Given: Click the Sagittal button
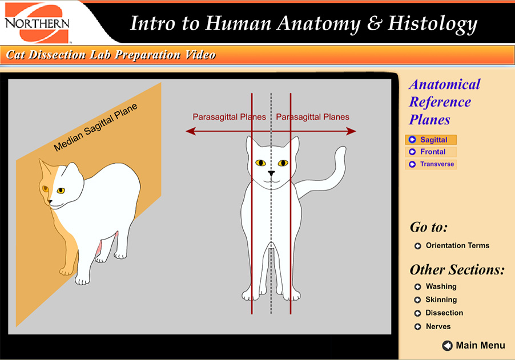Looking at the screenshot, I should pyautogui.click(x=430, y=140).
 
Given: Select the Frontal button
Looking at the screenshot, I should pyautogui.click(x=430, y=152).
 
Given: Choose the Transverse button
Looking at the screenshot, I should pyautogui.click(x=432, y=164).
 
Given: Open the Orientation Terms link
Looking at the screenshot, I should pyautogui.click(x=457, y=246).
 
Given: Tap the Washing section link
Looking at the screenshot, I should pyautogui.click(x=441, y=286).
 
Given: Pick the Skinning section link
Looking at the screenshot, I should pyautogui.click(x=441, y=300).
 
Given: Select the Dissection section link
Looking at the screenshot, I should pyautogui.click(x=444, y=313).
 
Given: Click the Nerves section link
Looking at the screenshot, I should pyautogui.click(x=438, y=326).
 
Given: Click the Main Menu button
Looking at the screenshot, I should pyautogui.click(x=474, y=345).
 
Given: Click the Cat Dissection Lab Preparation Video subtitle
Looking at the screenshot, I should pyautogui.click(x=111, y=55).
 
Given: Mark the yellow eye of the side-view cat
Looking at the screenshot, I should pyautogui.click(x=60, y=191).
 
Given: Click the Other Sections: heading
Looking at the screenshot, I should pyautogui.click(x=457, y=270).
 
